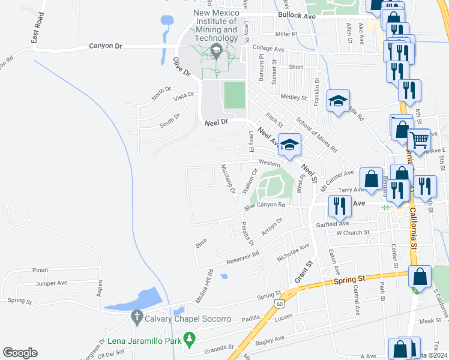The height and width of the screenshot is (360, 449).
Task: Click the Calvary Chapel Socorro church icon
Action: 137,316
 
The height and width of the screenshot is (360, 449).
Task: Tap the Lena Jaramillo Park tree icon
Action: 190,340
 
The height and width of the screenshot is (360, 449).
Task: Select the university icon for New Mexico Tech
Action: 215,52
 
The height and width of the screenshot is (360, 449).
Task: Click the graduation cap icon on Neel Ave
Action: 289,145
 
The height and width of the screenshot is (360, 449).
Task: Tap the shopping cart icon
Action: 419,140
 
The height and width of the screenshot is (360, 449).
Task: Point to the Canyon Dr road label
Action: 106,45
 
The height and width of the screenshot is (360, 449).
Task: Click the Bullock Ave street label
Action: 297,17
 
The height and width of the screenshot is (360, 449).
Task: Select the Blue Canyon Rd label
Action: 264,206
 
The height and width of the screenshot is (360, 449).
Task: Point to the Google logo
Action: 20,352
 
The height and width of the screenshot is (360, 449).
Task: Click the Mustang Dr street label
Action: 228,179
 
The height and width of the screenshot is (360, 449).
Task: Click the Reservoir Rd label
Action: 243,258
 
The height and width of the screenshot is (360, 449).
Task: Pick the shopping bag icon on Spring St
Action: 420,277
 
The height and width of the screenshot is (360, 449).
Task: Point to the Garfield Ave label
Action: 333,223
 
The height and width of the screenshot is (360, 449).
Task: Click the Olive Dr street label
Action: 181,66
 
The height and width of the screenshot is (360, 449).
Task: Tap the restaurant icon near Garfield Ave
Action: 340,206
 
